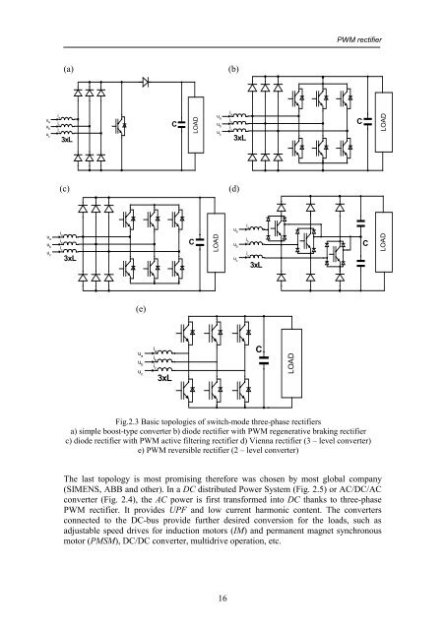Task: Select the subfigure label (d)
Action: [233, 186]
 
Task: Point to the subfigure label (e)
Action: [142, 307]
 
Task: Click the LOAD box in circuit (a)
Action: [196, 124]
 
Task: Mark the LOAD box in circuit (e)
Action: [289, 359]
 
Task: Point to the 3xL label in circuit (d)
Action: [255, 265]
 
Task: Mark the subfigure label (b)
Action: [234, 71]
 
